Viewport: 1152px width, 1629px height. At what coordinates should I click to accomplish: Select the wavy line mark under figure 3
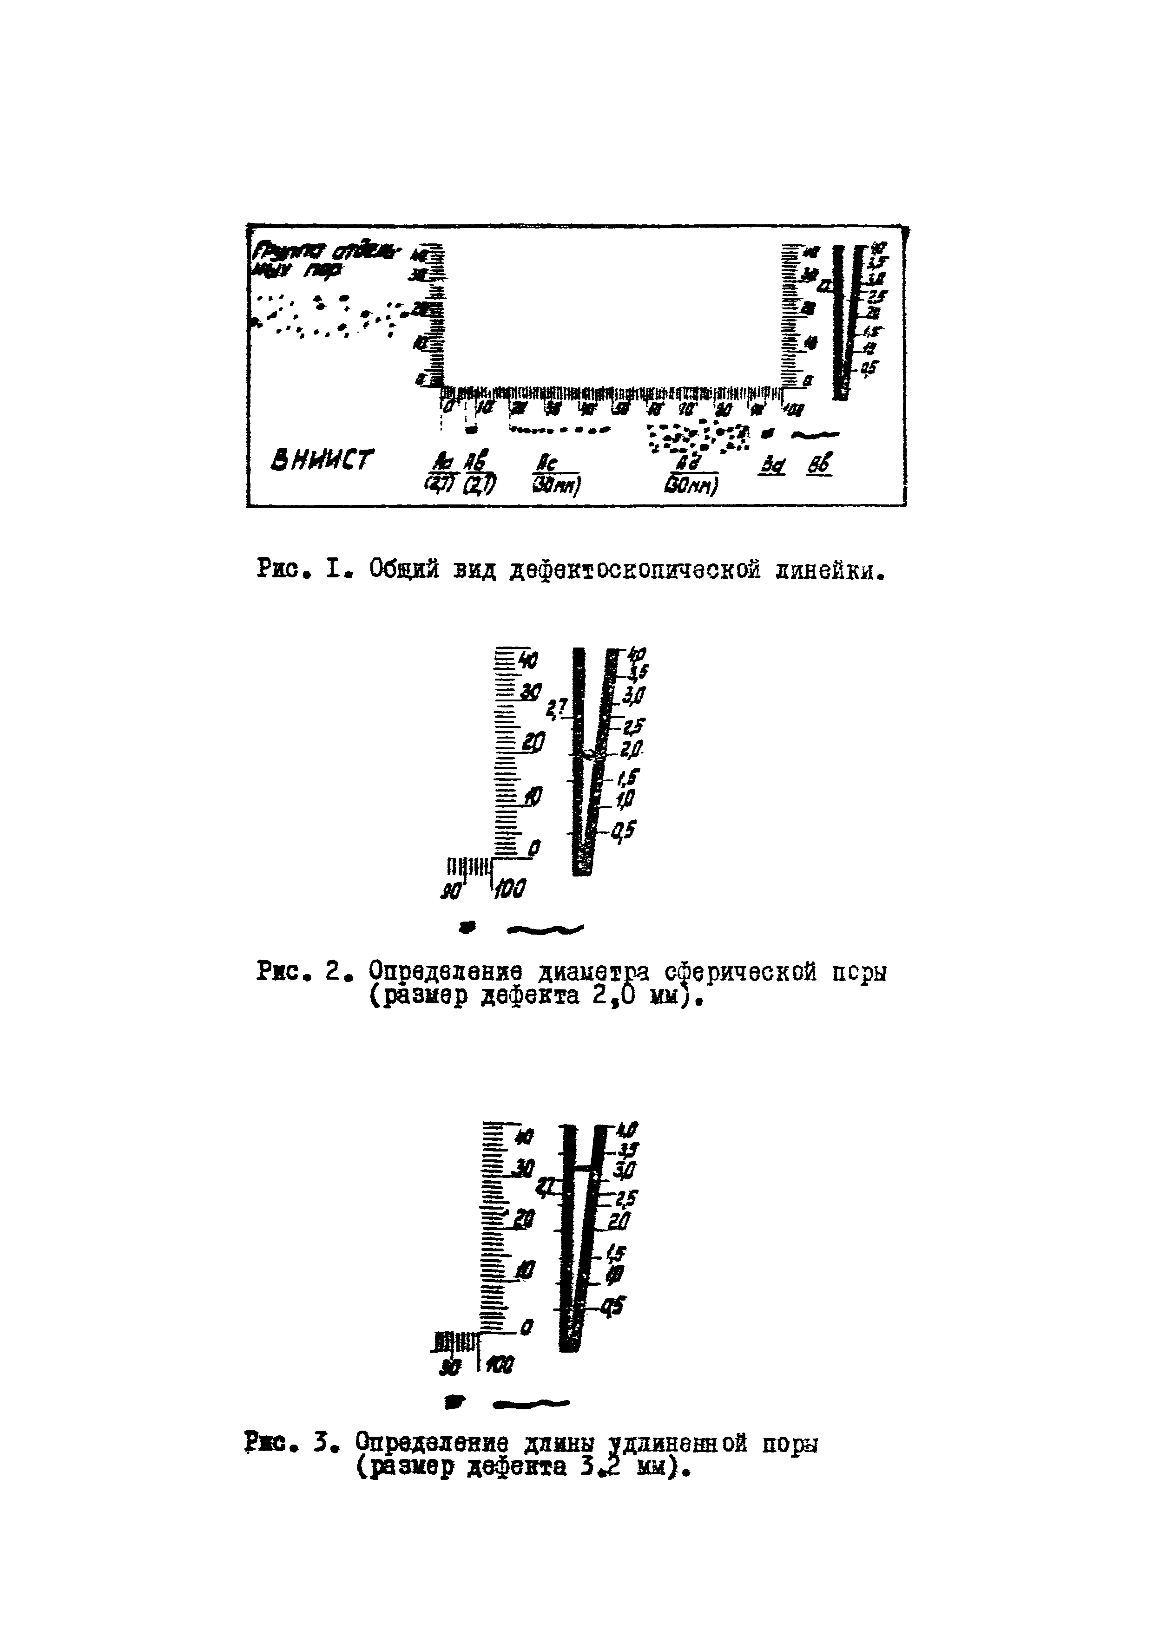click(532, 1402)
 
